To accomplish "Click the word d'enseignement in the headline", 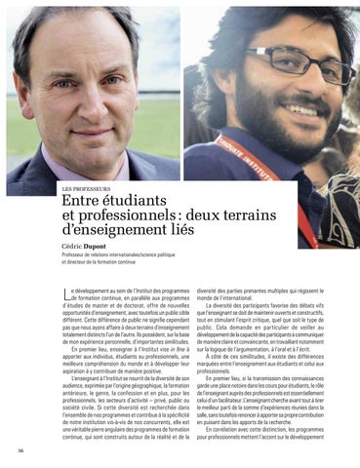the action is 125,232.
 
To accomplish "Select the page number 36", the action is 20,450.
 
